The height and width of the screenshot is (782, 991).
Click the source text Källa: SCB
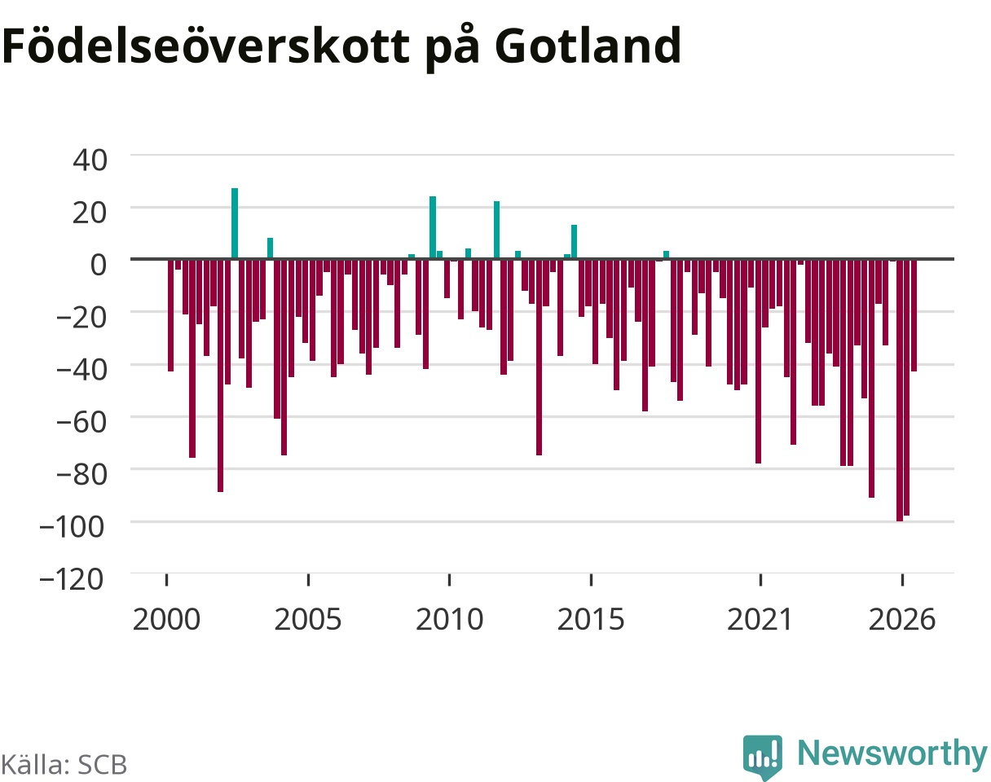[64, 765]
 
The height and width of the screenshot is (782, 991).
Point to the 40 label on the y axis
[90, 160]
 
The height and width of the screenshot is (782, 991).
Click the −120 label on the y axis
[72, 579]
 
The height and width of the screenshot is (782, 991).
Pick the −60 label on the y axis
[81, 422]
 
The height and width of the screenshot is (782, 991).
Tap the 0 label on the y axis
[99, 265]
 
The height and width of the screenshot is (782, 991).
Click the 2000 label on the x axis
[166, 620]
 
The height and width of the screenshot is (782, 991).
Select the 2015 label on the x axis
[591, 620]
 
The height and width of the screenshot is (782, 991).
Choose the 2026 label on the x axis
[902, 620]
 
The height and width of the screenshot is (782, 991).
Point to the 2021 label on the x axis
[760, 620]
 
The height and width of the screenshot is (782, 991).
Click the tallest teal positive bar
[235, 224]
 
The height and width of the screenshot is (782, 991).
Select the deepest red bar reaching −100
[900, 390]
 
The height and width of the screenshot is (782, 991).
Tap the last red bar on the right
[914, 316]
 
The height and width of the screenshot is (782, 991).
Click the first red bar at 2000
[171, 316]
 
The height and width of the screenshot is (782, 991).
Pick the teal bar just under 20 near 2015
[575, 242]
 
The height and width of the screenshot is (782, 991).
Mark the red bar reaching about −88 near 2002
[221, 376]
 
